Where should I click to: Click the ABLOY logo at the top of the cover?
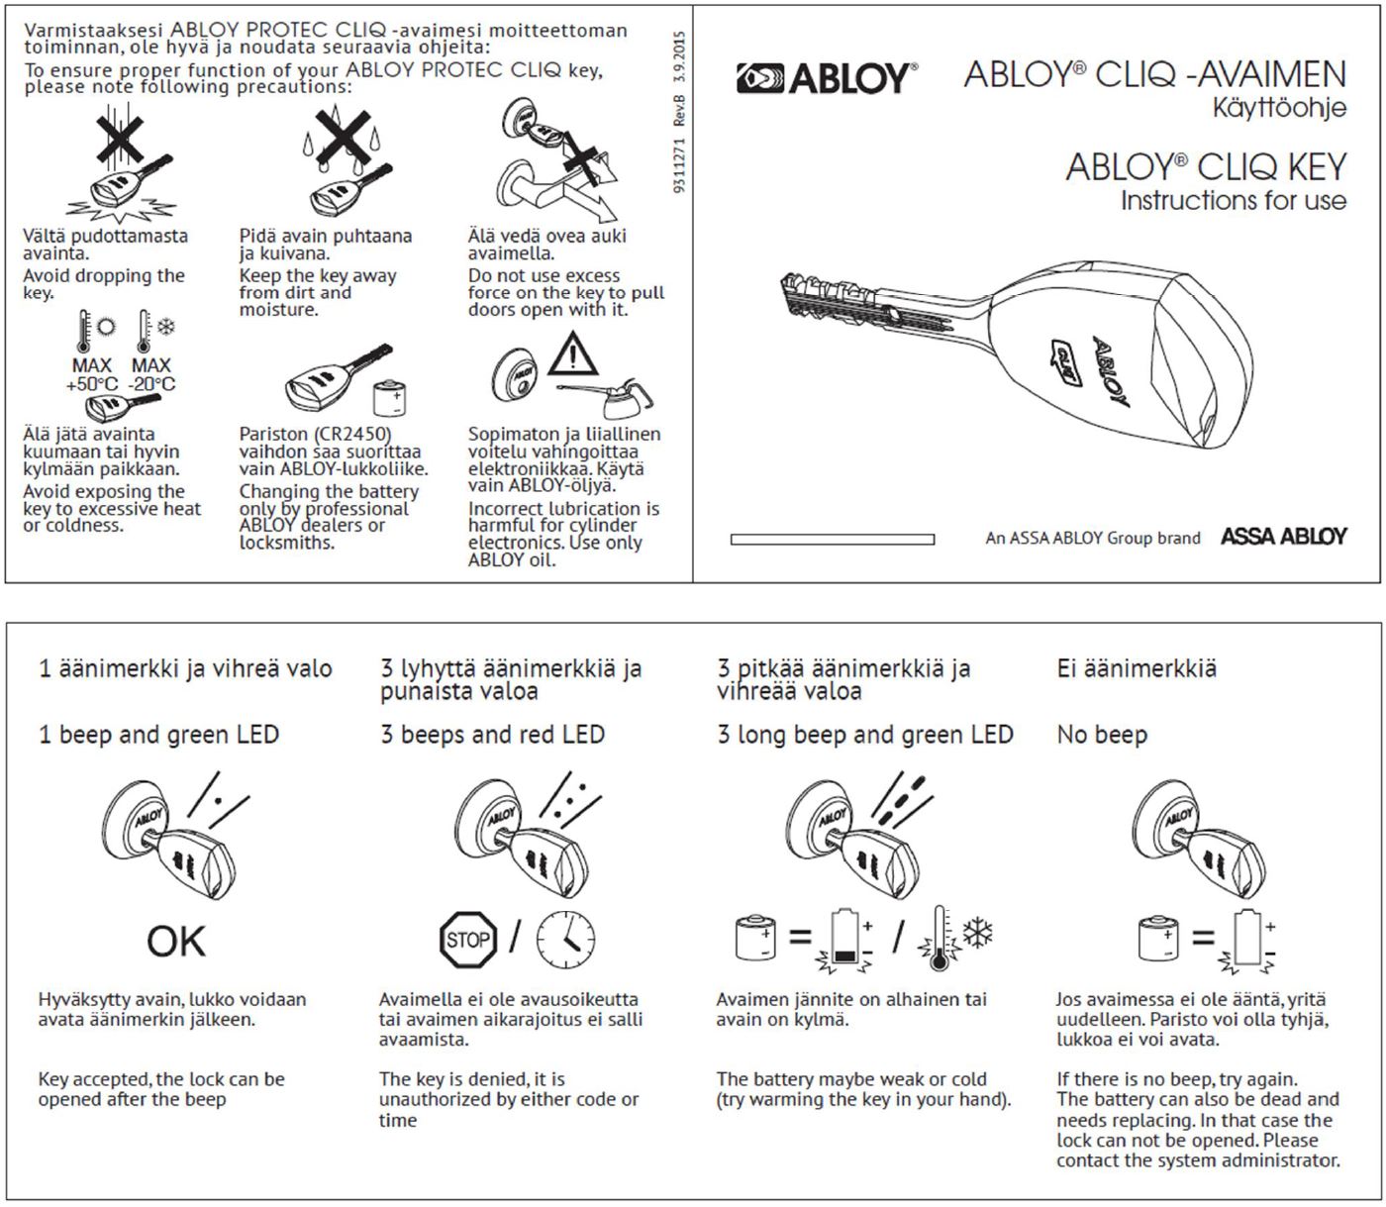[x=826, y=78]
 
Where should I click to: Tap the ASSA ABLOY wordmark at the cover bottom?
[x=1283, y=537]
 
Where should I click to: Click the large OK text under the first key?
[x=176, y=941]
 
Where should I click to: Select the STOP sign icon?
[x=467, y=939]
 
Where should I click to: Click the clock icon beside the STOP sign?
[x=565, y=939]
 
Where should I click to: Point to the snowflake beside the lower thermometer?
[x=978, y=933]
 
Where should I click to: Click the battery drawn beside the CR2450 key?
[x=389, y=398]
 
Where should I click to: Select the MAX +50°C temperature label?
[x=92, y=374]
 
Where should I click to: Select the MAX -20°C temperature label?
[x=151, y=374]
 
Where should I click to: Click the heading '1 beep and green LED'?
[x=158, y=735]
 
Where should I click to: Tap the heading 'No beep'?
[x=1102, y=735]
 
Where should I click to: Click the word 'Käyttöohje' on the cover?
[x=1279, y=107]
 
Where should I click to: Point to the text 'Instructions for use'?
[x=1233, y=201]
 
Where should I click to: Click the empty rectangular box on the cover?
[x=832, y=540]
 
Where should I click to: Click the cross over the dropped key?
[x=119, y=139]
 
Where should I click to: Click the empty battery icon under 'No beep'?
[x=1249, y=938]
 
